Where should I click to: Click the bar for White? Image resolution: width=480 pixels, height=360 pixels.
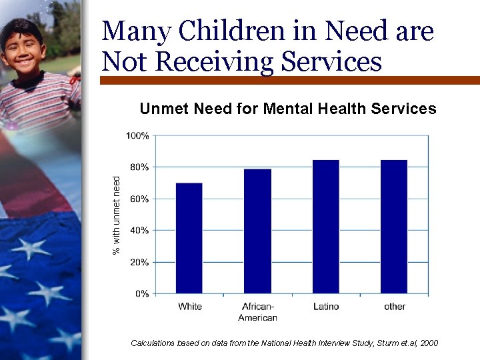click(189, 238)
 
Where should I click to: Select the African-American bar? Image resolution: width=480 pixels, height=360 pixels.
click(257, 231)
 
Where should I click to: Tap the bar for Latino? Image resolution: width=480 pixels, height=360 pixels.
click(325, 227)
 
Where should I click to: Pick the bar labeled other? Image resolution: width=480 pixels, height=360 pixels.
click(393, 227)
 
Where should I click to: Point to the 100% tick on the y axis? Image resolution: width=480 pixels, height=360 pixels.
click(137, 135)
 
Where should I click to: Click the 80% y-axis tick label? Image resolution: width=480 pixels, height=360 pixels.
click(139, 167)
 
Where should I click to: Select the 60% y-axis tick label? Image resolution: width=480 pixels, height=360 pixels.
click(139, 199)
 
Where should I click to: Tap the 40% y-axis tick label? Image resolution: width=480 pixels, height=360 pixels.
click(139, 231)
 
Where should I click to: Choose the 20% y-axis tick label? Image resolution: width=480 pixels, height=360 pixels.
click(139, 262)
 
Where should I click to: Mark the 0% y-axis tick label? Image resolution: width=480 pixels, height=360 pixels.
click(141, 294)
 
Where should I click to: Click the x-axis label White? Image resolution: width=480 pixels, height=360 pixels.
click(189, 307)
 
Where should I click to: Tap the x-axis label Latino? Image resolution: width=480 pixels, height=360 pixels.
click(326, 307)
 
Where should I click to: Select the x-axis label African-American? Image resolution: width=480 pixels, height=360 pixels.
click(257, 312)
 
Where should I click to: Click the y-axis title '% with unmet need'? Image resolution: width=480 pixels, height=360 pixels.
click(117, 215)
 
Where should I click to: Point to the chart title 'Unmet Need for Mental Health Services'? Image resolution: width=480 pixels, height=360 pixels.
click(287, 109)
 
